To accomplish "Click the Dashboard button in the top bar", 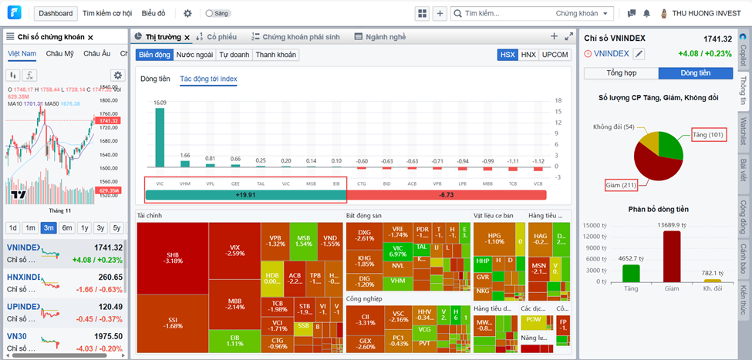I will point(56,13).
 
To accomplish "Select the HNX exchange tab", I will point(528,55).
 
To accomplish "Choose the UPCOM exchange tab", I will point(555,55).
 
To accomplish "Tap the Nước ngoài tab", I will point(195,55).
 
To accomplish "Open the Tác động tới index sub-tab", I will point(208,79).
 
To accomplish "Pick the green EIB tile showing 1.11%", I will point(234,338).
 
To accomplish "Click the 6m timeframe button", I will point(67,227).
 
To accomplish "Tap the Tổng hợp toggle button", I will point(621,73).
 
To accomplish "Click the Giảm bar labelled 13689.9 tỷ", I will point(671,257).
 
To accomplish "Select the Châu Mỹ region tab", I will point(59,53).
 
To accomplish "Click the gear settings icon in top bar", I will point(187,13).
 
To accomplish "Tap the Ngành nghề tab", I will point(379,36).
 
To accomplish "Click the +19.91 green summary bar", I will point(246,196).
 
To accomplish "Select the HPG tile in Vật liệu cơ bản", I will point(494,237).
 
